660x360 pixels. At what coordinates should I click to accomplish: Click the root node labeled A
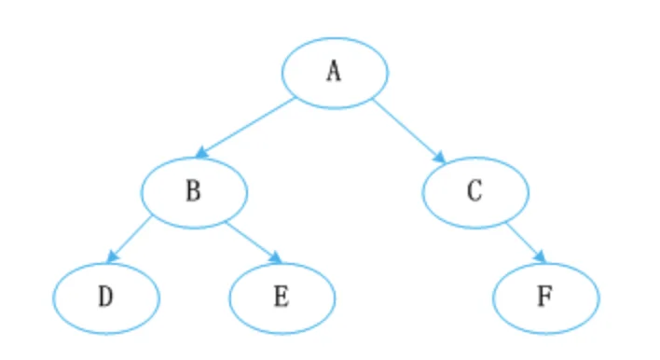tap(335, 73)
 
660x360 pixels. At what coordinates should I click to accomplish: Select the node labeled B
tap(194, 192)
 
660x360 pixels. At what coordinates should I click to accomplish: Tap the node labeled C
tap(475, 192)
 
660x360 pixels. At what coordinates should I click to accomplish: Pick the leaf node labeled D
tap(106, 298)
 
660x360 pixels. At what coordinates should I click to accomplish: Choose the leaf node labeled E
tap(282, 298)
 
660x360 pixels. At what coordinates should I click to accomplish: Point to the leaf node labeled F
tap(546, 298)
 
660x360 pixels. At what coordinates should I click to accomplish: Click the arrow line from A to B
tap(245, 127)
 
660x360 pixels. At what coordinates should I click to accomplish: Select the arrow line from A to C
tap(409, 131)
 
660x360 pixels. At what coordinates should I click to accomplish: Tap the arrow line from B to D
tap(129, 239)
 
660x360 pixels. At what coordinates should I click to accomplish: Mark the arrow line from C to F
tap(526, 242)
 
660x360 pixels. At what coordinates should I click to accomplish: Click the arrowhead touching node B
tap(201, 152)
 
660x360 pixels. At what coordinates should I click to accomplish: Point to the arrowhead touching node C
tap(440, 157)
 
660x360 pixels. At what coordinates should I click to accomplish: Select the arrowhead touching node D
tap(112, 256)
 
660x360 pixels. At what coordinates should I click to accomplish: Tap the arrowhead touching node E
tap(276, 257)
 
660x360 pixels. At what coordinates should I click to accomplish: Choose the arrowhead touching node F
tap(540, 256)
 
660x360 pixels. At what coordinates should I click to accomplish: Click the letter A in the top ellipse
tap(335, 71)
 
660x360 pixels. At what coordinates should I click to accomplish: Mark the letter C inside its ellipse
tap(474, 190)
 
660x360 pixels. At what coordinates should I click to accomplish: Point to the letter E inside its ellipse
tap(282, 297)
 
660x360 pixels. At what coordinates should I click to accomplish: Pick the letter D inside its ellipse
tap(105, 297)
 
